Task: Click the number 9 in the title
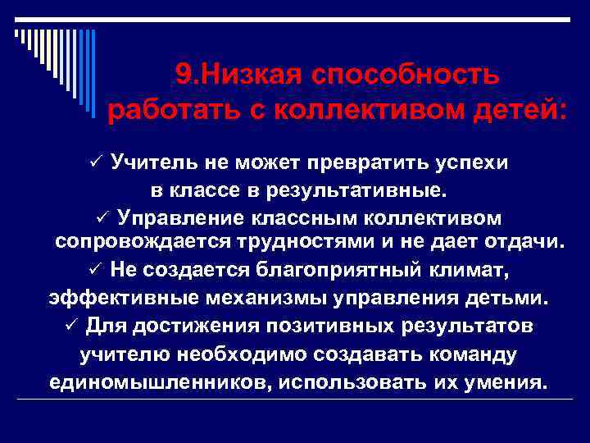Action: (183, 75)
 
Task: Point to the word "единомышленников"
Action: (155, 382)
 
